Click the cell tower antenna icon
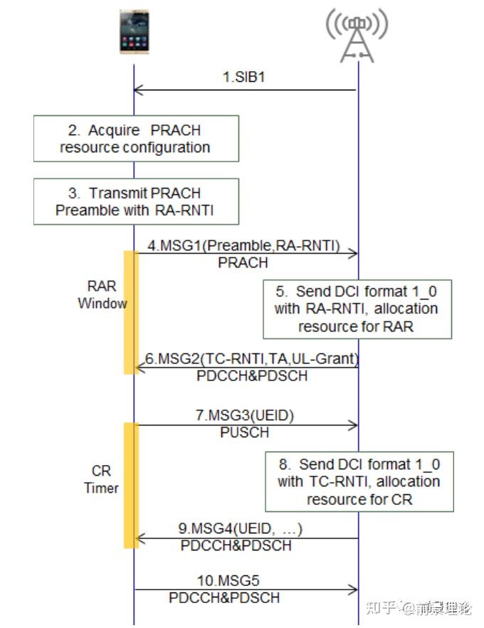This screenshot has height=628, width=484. click(x=357, y=35)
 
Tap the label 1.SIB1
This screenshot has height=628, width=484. click(x=243, y=77)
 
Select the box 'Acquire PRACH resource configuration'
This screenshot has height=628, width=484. click(x=135, y=139)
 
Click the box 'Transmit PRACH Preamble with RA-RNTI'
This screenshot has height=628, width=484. click(x=135, y=201)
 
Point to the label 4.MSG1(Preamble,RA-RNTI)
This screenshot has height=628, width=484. click(x=243, y=245)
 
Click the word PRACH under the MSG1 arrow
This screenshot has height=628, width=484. click(x=243, y=262)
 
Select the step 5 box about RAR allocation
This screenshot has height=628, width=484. click(x=357, y=309)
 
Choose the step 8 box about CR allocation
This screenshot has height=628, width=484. click(x=359, y=481)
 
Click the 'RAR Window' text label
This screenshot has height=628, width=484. click(x=102, y=295)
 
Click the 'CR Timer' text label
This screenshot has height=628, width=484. click(x=102, y=480)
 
